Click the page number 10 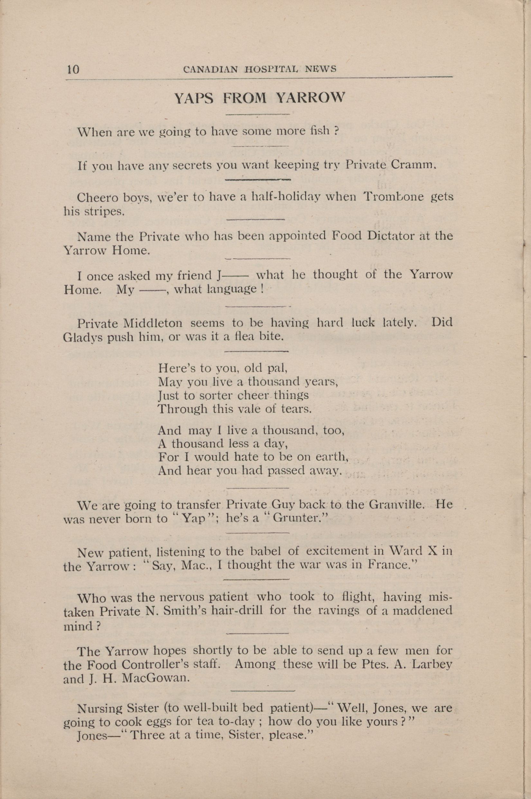[73, 69]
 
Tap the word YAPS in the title [194, 98]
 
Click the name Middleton [153, 323]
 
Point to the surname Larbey [432, 664]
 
